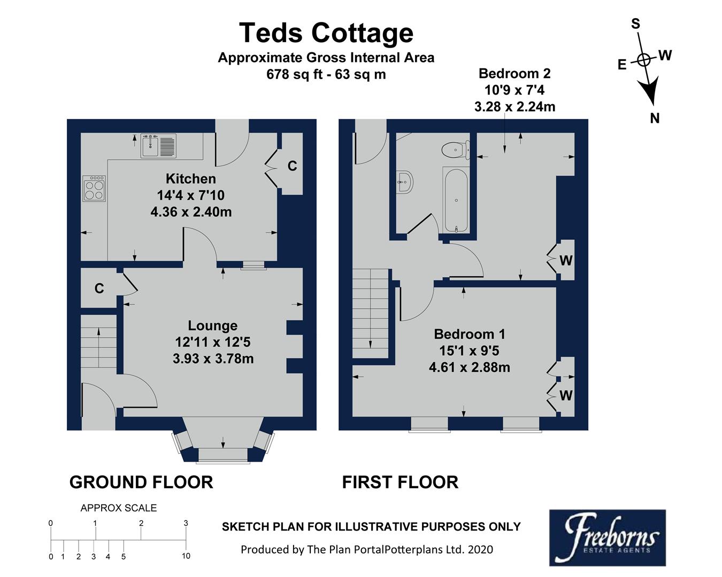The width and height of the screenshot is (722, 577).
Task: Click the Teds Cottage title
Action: coord(326,33)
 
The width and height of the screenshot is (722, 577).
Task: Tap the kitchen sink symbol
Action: coord(158,146)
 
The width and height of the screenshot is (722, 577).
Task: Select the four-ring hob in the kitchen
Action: coord(94,188)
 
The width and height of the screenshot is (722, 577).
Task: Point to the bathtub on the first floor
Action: coord(456,200)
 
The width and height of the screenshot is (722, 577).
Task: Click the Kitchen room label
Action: coord(191,179)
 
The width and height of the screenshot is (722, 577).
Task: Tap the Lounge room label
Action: coord(212,326)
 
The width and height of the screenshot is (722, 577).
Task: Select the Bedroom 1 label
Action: coord(469,334)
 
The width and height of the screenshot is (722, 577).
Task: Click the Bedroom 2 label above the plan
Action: coord(514,74)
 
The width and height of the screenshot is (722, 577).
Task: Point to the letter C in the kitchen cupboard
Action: coord(292,167)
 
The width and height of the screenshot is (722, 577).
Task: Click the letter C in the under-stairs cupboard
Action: coord(99,289)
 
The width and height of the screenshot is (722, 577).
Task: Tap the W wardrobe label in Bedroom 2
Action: coord(566,261)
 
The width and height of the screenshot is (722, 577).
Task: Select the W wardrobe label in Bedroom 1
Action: coord(566,396)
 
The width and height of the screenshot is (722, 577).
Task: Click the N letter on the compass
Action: coord(655,119)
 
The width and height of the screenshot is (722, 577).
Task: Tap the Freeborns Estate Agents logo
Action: coord(607,537)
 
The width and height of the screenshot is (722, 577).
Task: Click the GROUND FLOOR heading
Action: coord(141,482)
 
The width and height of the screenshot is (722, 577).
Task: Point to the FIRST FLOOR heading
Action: coord(400,482)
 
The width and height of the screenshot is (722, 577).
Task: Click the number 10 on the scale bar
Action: coord(186,556)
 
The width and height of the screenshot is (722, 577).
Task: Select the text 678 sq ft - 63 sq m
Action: coord(326,74)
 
